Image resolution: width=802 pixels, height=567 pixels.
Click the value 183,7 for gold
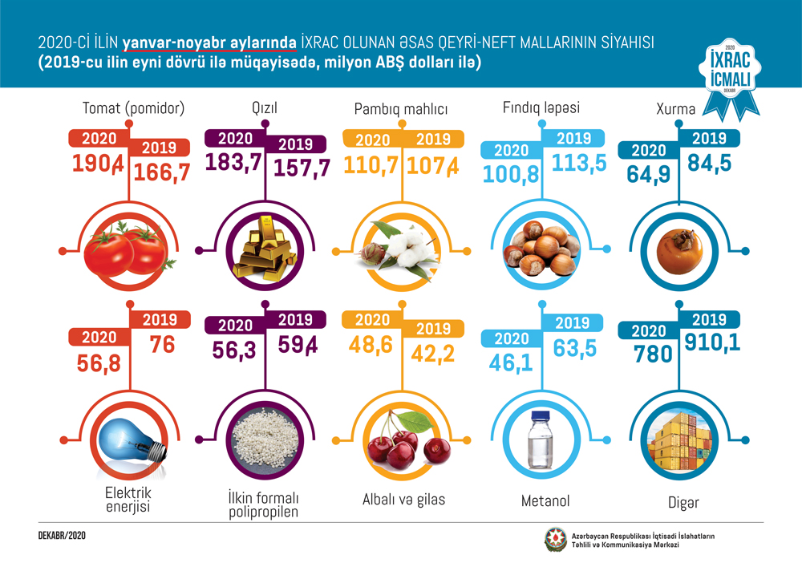(234, 161)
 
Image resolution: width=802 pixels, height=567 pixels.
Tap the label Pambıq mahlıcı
(401, 109)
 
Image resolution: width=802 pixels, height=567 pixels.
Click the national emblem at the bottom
(556, 539)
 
